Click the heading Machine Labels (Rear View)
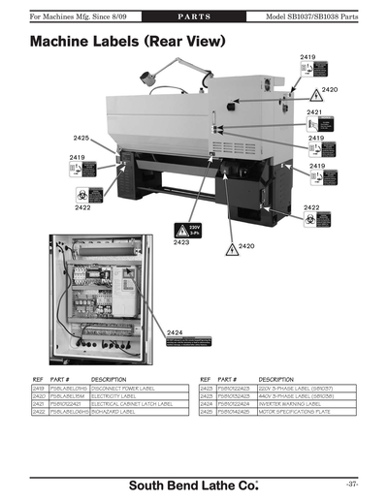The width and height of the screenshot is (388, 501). tap(128, 43)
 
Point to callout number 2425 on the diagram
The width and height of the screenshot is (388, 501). tap(81, 139)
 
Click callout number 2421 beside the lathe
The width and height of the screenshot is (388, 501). tap(313, 112)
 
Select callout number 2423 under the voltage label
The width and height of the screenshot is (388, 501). tap(180, 242)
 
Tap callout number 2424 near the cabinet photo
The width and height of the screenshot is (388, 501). tap(175, 332)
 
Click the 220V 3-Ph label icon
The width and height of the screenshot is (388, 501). tap(180, 230)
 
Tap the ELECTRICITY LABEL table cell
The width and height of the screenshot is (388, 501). tap(117, 395)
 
